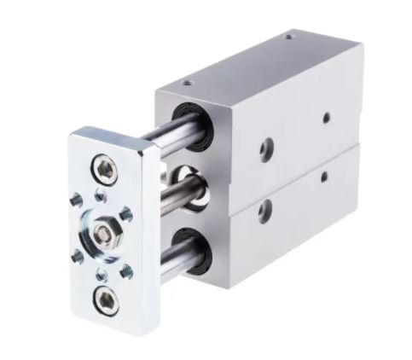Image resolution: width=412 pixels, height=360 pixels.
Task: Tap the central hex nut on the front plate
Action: (x=107, y=230)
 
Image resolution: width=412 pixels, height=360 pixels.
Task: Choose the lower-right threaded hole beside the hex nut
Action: (x=128, y=272)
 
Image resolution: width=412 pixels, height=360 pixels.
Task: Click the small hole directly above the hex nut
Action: (x=102, y=196)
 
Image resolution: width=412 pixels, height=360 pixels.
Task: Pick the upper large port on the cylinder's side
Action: (x=264, y=147)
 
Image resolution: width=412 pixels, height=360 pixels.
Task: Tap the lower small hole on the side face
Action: (x=324, y=177)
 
